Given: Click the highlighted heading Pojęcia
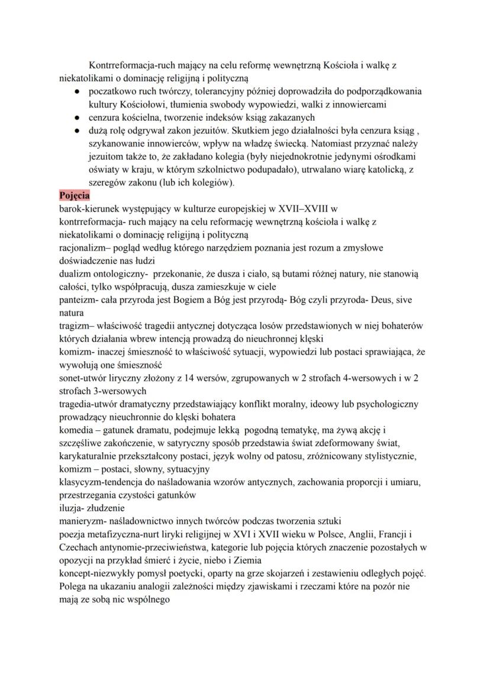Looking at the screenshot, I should (x=75, y=195).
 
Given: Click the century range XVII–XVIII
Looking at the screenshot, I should (x=303, y=208).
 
